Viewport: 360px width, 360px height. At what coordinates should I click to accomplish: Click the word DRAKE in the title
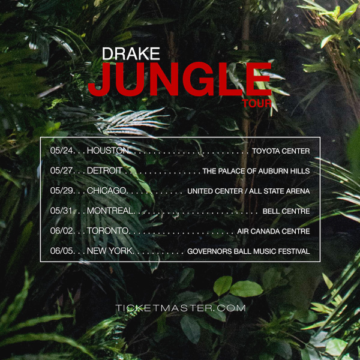[131, 54]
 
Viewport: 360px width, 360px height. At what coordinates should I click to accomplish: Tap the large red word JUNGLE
[180, 79]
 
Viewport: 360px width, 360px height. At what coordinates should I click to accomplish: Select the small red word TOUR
[257, 104]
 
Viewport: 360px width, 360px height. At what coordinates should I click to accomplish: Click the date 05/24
[62, 151]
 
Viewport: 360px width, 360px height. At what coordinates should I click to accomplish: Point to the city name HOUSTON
[108, 151]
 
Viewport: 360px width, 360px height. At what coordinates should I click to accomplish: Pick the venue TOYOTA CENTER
[281, 151]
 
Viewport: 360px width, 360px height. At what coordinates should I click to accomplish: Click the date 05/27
[62, 170]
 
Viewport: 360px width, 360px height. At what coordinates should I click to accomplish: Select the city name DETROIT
[104, 170]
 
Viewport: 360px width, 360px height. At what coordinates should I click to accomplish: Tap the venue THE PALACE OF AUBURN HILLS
[256, 171]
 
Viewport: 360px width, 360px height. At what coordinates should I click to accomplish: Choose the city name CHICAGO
[107, 191]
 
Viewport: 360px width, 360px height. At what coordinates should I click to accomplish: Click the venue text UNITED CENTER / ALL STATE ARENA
[248, 191]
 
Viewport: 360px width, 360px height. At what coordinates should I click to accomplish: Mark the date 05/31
[62, 211]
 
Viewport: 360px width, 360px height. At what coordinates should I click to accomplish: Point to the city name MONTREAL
[110, 211]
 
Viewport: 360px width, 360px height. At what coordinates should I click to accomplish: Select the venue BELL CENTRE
[286, 211]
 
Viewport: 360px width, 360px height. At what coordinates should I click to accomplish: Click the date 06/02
[62, 231]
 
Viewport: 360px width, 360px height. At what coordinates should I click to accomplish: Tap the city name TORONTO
[108, 231]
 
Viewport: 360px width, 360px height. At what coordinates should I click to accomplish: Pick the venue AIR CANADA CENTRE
[274, 231]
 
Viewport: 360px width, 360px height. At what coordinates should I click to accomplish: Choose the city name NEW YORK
[110, 251]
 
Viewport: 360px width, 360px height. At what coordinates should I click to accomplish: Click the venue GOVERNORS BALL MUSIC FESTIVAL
[248, 251]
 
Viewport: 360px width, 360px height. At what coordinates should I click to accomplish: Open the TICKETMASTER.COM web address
[181, 308]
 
